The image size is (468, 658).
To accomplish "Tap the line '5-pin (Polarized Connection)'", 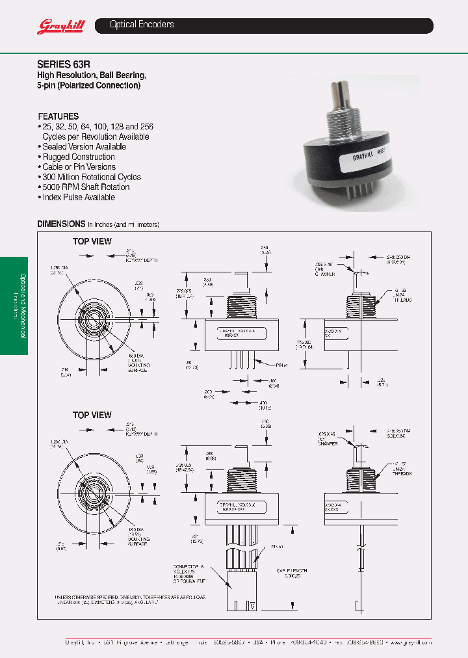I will pyautogui.click(x=89, y=85).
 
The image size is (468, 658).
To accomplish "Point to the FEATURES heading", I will pyautogui.click(x=58, y=116).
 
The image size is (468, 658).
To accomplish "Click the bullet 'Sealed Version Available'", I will pyautogui.click(x=84, y=147).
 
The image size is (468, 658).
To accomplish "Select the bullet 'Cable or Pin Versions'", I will pyautogui.click(x=79, y=167).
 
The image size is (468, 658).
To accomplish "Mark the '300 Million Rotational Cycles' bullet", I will pyautogui.click(x=92, y=177).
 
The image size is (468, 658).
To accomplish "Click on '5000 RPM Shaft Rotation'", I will pyautogui.click(x=86, y=187).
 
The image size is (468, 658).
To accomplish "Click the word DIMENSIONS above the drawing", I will pyautogui.click(x=61, y=224).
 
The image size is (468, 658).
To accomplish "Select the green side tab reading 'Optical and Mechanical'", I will pyautogui.click(x=14, y=305).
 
